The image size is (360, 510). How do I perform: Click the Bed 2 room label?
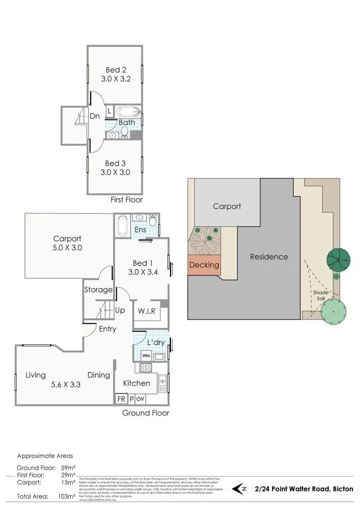112,69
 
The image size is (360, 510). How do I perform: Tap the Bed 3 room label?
112,163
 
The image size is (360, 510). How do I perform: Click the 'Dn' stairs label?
94,116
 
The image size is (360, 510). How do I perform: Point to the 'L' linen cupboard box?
109,111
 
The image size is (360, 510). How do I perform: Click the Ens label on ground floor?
140,230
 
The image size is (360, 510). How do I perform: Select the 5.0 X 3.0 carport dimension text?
67,249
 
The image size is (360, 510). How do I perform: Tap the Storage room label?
98,290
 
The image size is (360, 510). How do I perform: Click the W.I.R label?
146,311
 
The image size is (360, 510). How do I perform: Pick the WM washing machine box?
146,356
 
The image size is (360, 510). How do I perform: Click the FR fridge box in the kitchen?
121,399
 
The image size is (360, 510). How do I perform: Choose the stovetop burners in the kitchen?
146,368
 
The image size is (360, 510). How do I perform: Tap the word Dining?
98,375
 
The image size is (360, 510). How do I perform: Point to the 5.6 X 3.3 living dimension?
65,385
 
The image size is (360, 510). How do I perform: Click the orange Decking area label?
205,265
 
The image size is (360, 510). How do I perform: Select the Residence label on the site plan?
269,257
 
